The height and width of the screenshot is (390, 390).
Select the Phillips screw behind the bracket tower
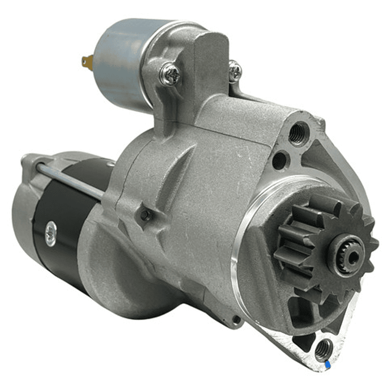click(235, 71)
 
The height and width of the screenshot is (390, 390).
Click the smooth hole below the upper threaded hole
click(279, 161)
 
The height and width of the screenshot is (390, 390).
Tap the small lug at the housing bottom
click(234, 320)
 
